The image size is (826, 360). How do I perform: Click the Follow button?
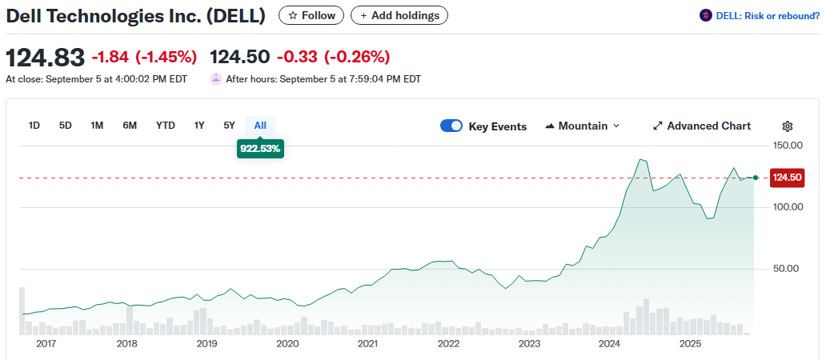pyautogui.click(x=311, y=15)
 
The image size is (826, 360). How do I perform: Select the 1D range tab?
pyautogui.click(x=34, y=125)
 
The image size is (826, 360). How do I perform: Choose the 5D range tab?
pyautogui.click(x=66, y=125)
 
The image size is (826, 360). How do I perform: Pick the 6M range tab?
pyautogui.click(x=130, y=125)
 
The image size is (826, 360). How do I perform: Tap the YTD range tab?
pyautogui.click(x=166, y=125)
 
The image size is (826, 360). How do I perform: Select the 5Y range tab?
pyautogui.click(x=230, y=125)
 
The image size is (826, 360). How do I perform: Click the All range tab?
pyautogui.click(x=260, y=125)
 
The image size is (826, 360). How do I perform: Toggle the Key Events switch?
pyautogui.click(x=451, y=126)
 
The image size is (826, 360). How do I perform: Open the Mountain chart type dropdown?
pyautogui.click(x=582, y=126)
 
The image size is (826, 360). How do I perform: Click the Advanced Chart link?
pyautogui.click(x=702, y=126)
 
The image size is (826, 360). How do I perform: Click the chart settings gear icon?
pyautogui.click(x=788, y=126)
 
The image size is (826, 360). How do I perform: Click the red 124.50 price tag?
pyautogui.click(x=786, y=178)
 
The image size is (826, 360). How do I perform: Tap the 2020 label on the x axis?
pyautogui.click(x=287, y=344)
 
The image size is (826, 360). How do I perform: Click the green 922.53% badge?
pyautogui.click(x=260, y=148)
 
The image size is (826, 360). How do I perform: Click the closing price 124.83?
pyautogui.click(x=45, y=58)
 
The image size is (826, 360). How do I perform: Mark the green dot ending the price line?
pyautogui.click(x=756, y=177)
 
